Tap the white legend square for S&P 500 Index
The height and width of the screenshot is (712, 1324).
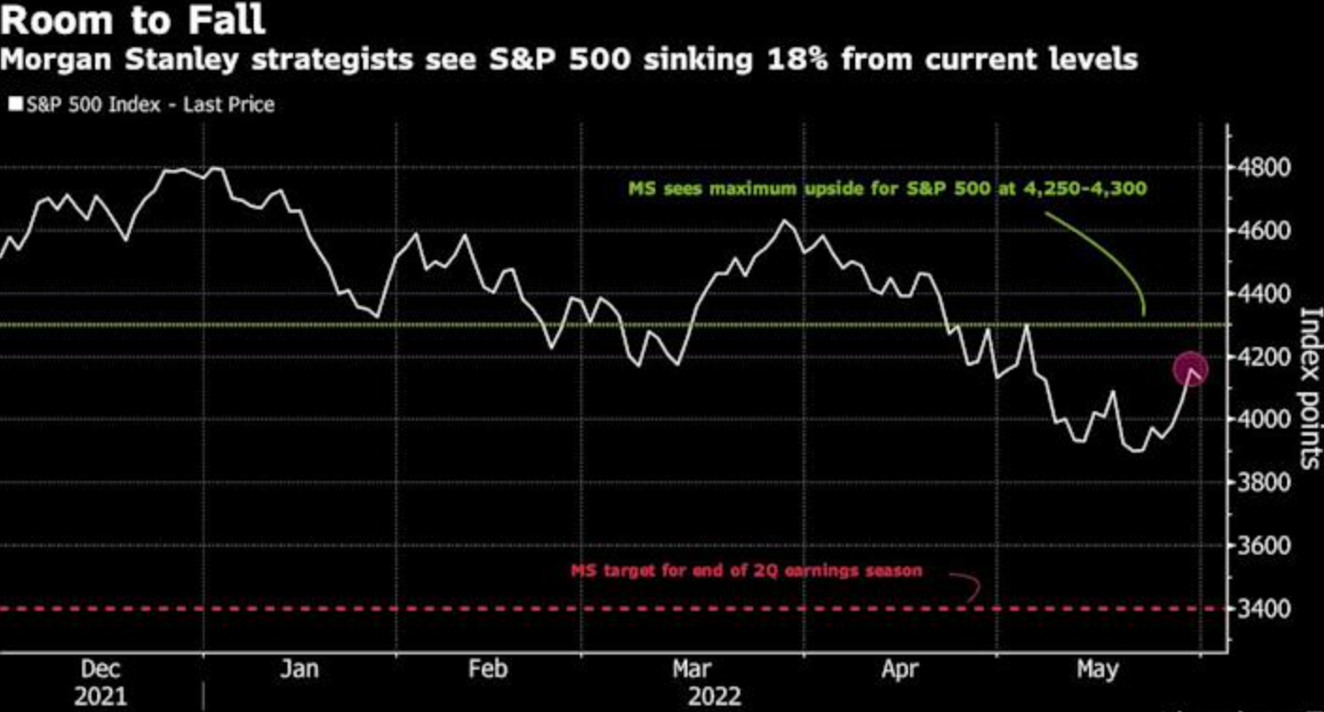tap(15, 105)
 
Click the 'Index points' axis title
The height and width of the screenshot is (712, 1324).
tap(1308, 388)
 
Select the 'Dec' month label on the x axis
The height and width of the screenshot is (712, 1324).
tap(100, 670)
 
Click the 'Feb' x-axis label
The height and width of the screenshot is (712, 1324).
tap(488, 670)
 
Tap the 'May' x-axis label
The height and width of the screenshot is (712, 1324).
tap(1096, 670)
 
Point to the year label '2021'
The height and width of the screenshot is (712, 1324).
tap(100, 698)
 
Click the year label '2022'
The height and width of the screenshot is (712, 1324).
tap(714, 698)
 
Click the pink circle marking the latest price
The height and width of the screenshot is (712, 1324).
tap(1190, 369)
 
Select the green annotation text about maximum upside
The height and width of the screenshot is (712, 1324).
tap(887, 189)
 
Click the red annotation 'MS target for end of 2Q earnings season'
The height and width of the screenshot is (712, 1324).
tap(746, 571)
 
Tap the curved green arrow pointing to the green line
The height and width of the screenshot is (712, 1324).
tap(1108, 255)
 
